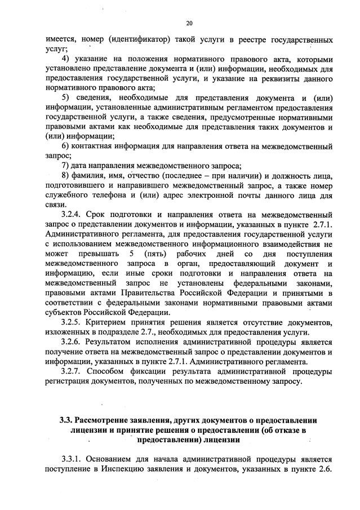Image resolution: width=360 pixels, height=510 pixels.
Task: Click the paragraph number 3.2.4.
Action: pos(73,215)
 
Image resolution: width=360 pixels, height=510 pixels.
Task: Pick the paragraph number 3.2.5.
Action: pos(73,322)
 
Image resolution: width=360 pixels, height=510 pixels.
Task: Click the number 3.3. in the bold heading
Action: pos(66,420)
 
